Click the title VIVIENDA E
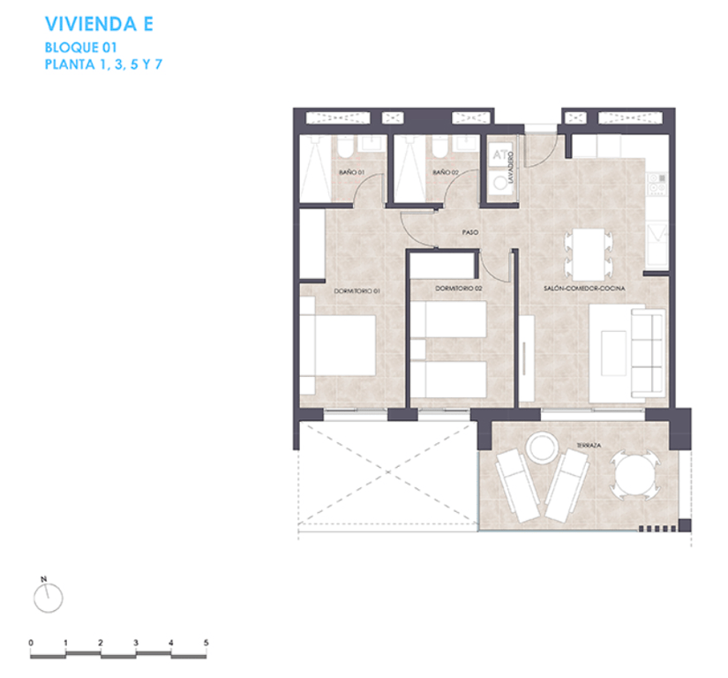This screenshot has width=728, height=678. [99, 24]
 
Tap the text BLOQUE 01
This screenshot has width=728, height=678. [80, 48]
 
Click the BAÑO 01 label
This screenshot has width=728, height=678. [351, 172]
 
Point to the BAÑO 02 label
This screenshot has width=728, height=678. [446, 172]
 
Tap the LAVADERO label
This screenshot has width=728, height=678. [512, 167]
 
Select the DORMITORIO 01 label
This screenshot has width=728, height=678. [356, 290]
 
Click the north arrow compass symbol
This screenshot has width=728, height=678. [48, 598]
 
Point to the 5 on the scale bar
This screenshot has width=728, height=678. [206, 642]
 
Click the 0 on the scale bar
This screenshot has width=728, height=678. [31, 642]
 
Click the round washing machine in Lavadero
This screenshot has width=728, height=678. [501, 183]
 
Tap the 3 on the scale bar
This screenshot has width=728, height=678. [136, 642]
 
